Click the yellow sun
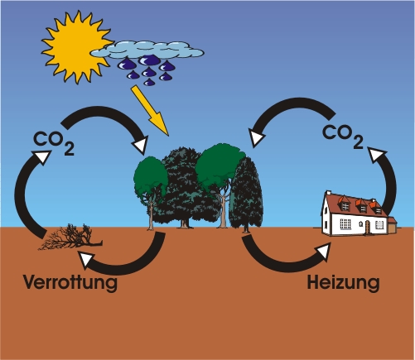(76, 47)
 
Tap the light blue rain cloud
(147, 50)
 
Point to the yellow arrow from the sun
(150, 111)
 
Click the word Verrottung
(70, 282)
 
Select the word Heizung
(343, 283)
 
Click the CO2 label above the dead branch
(54, 142)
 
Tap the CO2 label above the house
(343, 137)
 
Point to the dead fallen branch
(70, 238)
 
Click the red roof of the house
(356, 205)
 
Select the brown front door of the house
(368, 228)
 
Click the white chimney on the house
(329, 192)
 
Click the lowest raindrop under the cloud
(149, 82)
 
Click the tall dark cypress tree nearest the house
(246, 193)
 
